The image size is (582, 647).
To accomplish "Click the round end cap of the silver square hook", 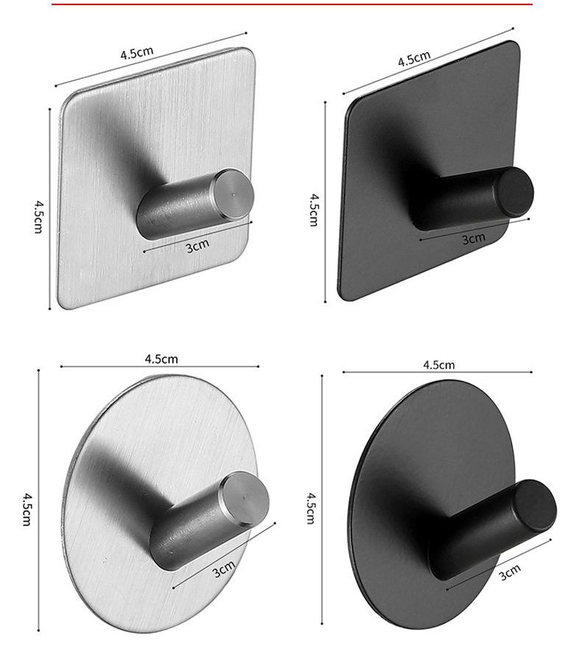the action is [233, 194].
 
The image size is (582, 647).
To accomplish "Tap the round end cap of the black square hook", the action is [515, 192].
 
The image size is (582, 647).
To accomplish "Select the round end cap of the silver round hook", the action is [244, 500].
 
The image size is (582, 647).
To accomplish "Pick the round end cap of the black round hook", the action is [536, 506].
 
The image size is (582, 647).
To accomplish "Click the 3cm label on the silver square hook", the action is [198, 245].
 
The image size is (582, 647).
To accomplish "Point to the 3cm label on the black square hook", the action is [474, 239].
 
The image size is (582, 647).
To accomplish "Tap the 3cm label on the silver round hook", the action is [224, 569].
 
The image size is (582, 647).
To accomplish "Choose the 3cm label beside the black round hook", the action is [510, 572].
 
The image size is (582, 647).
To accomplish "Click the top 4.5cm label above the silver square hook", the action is [137, 53].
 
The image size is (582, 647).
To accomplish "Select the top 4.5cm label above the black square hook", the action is [414, 58].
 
